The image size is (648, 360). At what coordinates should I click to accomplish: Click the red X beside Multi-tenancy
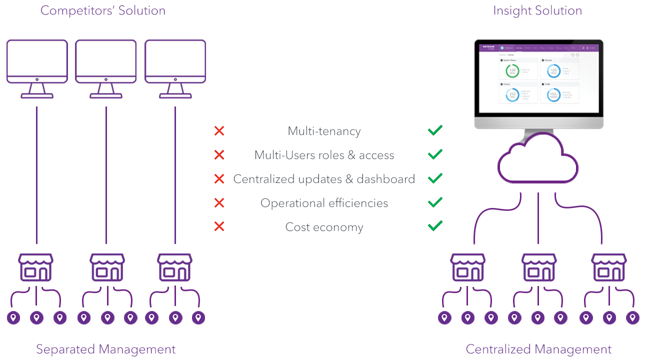tap(219, 131)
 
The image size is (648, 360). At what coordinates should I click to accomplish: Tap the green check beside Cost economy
tap(435, 226)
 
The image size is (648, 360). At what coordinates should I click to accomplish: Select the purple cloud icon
tap(538, 160)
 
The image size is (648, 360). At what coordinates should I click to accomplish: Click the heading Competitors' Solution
tap(103, 10)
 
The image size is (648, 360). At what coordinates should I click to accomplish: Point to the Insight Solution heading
tap(537, 10)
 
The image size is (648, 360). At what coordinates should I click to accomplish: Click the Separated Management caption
tap(106, 349)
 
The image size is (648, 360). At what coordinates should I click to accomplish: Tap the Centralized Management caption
tap(538, 349)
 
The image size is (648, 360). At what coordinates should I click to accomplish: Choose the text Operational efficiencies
tap(324, 203)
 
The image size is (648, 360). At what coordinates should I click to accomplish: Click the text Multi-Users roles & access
tap(324, 155)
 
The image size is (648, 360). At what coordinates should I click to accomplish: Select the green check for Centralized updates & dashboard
tap(435, 178)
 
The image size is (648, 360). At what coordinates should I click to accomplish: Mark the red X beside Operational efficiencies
tap(219, 203)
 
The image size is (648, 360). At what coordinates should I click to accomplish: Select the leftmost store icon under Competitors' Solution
tap(35, 267)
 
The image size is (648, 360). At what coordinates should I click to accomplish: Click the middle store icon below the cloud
tap(538, 267)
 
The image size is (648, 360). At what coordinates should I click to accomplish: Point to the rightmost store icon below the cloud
tap(608, 267)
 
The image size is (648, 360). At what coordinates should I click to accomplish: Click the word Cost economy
tap(324, 227)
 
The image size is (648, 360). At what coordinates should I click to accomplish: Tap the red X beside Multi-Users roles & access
tap(219, 155)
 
